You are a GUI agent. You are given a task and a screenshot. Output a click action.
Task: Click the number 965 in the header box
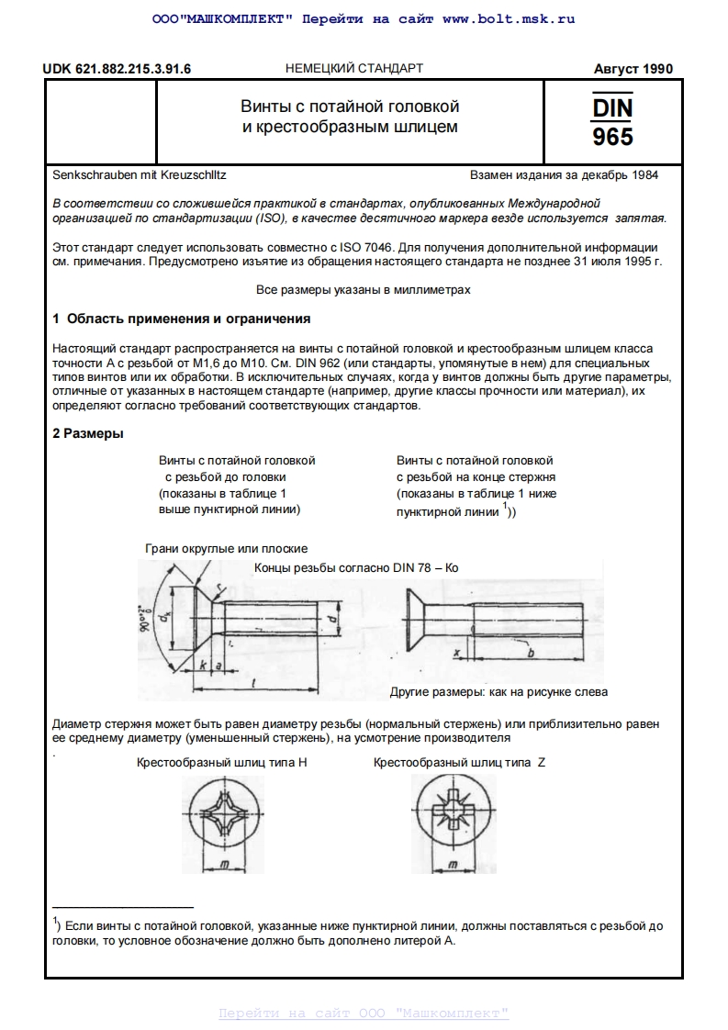pyautogui.click(x=612, y=137)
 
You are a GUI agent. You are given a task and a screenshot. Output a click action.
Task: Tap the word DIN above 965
pyautogui.click(x=612, y=107)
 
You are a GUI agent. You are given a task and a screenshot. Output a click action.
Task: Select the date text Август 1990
pyautogui.click(x=633, y=69)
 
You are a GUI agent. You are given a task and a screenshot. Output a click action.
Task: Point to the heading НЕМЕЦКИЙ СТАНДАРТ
pyautogui.click(x=354, y=69)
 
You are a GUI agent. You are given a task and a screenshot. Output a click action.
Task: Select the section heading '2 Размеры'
pyautogui.click(x=88, y=433)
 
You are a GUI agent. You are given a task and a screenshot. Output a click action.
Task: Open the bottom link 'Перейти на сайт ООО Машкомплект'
pyautogui.click(x=364, y=1013)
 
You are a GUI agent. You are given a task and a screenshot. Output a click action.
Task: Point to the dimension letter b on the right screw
pyautogui.click(x=532, y=652)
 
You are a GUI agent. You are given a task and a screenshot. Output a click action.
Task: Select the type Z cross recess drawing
pyautogui.click(x=453, y=813)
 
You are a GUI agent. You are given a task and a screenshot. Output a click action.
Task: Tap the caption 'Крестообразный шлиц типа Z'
pyautogui.click(x=459, y=763)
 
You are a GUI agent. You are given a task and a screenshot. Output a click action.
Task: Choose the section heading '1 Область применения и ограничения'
pyautogui.click(x=182, y=319)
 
